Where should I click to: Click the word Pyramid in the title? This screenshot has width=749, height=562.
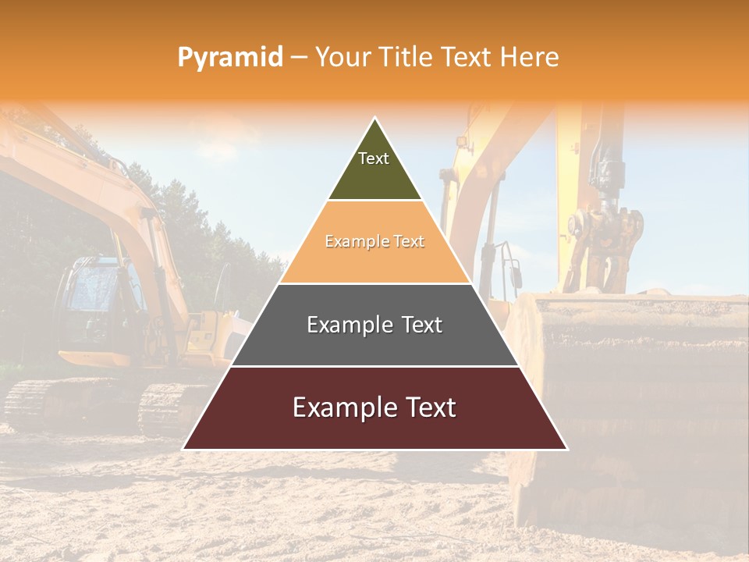[x=229, y=58]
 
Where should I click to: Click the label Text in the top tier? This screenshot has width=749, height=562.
[x=374, y=158]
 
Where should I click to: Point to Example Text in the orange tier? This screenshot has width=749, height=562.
[x=374, y=242]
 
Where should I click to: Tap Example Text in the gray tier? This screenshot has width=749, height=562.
[x=374, y=325]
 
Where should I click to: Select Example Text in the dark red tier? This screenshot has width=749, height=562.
[x=374, y=407]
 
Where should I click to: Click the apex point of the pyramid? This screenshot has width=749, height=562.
[x=375, y=119]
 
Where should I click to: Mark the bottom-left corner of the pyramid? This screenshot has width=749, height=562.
[x=184, y=449]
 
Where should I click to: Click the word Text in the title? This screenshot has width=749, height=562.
[x=468, y=58]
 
